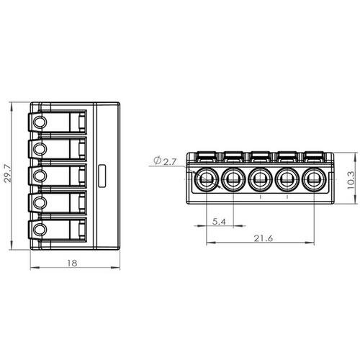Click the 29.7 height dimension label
8,174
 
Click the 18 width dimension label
72,263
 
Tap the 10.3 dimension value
351,180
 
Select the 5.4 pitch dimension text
219,222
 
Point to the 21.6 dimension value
264,238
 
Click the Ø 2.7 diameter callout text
165,161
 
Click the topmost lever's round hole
39,122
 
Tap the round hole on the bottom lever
39,229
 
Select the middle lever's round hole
39,176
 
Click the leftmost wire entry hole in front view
206,179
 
